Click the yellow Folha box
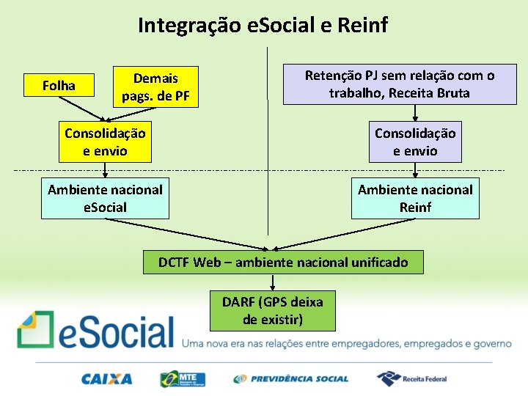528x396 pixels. click(x=59, y=86)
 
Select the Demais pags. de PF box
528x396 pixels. click(x=155, y=87)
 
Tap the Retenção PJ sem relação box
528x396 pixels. click(x=400, y=84)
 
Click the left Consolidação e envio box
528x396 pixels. click(x=105, y=142)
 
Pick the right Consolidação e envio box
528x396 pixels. click(x=415, y=142)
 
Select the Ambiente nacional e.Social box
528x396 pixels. click(x=105, y=198)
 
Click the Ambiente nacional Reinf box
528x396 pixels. click(x=415, y=198)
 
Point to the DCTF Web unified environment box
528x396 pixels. click(x=283, y=263)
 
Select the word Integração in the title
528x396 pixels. click(x=190, y=26)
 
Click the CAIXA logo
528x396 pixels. click(x=107, y=379)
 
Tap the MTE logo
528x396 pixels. click(x=183, y=379)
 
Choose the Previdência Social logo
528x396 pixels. click(x=290, y=379)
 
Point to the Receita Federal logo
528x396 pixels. click(x=411, y=378)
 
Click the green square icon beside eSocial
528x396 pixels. click(x=35, y=329)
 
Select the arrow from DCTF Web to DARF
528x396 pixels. click(x=272, y=282)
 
